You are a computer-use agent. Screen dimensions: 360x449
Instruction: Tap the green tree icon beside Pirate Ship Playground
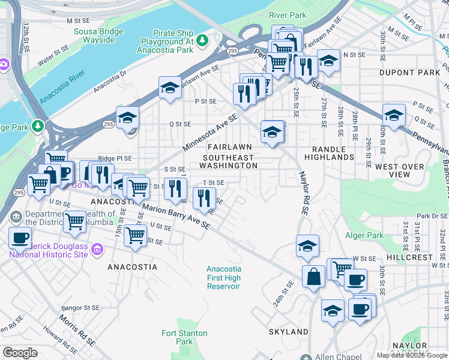coord(203,40)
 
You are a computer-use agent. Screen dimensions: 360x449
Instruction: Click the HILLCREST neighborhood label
coord(409,257)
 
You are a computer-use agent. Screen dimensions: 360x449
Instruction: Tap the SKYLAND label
coord(288,332)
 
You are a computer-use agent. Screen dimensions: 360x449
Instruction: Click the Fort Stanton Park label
coord(184,337)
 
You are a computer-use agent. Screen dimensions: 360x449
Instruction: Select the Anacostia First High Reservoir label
coord(223,278)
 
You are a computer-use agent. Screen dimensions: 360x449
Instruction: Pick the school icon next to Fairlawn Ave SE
coord(170,88)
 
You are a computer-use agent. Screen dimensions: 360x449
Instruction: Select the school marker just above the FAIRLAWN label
coord(272,131)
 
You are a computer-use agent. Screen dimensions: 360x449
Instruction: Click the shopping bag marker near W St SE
coord(313,277)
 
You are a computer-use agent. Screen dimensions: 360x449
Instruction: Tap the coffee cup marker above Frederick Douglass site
coord(20,237)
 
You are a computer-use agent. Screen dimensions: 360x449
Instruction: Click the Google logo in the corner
coord(20,353)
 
